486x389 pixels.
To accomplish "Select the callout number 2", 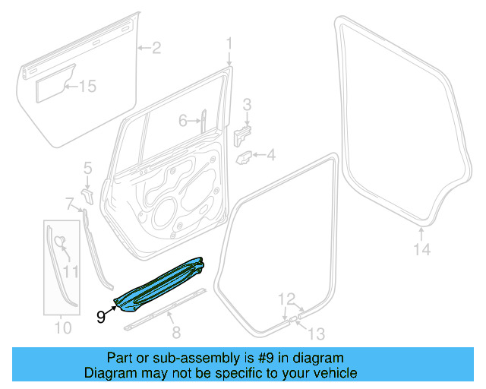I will click(x=156, y=49).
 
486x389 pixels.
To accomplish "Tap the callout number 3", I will click(x=247, y=104).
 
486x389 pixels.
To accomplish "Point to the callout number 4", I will click(x=271, y=156).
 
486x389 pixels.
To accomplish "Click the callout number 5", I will click(x=87, y=167).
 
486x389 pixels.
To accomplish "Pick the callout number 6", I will click(x=183, y=121).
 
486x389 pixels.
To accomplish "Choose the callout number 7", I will click(x=69, y=204).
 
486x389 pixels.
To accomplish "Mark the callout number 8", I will click(x=176, y=331).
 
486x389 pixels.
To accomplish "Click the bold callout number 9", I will click(x=102, y=317).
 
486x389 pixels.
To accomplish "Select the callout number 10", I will click(x=63, y=328).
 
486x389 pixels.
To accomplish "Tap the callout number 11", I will click(x=71, y=271).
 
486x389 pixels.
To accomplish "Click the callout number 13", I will click(x=315, y=332).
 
